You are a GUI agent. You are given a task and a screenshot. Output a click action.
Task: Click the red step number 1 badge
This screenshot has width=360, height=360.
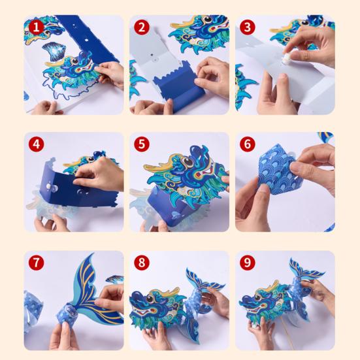pos(37,27)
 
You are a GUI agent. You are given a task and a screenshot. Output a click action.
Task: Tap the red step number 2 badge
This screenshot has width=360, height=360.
pos(142,27)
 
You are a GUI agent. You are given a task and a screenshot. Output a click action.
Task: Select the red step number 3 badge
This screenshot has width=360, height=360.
pos(247,27)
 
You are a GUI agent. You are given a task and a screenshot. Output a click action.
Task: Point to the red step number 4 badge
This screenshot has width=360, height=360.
pos(37,144)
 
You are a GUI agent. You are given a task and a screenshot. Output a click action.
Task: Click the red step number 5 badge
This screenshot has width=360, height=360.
pos(142,144)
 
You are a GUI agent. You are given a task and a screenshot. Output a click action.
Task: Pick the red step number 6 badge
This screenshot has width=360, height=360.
pos(247,144)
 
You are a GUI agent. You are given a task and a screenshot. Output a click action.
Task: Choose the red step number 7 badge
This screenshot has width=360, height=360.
pos(37,263)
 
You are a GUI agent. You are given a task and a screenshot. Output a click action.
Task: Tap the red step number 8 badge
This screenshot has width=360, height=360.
pos(142,263)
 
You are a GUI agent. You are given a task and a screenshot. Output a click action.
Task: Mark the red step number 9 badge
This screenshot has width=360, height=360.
pos(247,263)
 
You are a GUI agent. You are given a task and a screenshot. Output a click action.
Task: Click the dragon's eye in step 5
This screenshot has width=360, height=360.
pos(187,161)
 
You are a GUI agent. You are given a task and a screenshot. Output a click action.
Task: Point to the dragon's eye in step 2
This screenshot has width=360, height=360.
pos(208,20)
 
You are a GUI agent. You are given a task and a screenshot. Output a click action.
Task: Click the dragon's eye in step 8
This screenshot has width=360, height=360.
pos(150,299)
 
